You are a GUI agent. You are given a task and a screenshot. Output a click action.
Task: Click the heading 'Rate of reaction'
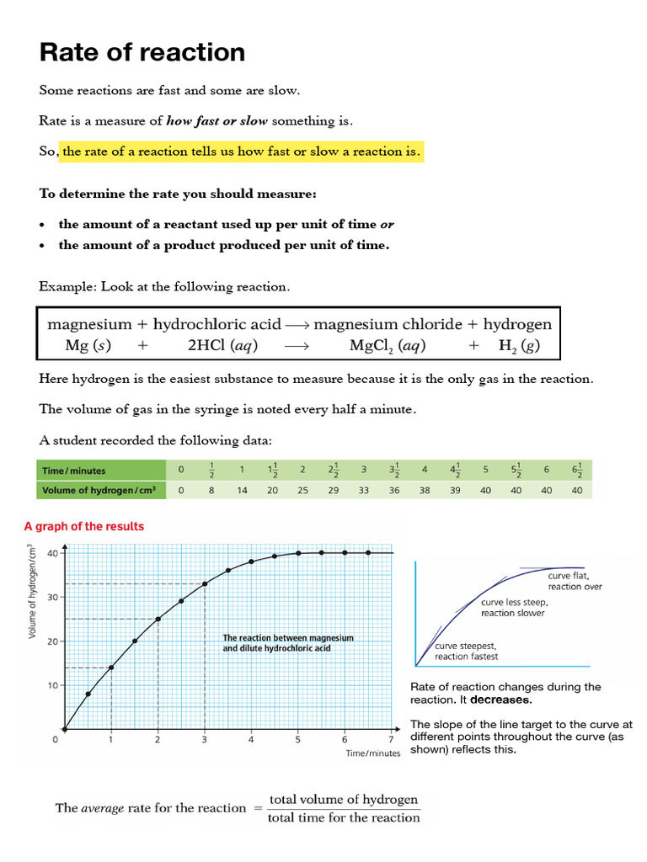[142, 53]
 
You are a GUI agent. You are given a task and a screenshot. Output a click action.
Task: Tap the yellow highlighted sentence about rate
[240, 152]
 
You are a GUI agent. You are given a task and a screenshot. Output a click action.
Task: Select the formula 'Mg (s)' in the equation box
[88, 345]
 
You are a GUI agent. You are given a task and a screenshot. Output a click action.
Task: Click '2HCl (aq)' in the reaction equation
[222, 345]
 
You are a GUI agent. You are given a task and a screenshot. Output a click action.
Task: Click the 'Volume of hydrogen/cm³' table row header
[100, 490]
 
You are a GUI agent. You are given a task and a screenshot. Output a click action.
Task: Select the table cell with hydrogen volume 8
[211, 490]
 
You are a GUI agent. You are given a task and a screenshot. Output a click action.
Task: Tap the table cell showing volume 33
[363, 490]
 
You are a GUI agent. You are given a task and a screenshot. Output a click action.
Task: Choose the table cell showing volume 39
[454, 490]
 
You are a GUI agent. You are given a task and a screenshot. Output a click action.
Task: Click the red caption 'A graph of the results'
[84, 526]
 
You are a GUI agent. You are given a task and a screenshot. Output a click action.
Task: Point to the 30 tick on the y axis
[53, 597]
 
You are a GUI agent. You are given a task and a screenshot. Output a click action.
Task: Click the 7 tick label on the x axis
[391, 740]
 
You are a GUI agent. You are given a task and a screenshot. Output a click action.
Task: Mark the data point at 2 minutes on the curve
[158, 619]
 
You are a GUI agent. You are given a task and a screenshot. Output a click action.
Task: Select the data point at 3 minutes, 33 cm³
[205, 583]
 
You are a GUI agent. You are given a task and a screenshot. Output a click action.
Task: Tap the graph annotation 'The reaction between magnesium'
[287, 638]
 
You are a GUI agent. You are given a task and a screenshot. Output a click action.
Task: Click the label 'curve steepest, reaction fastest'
[466, 651]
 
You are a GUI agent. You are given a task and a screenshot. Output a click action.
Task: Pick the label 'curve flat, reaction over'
[575, 581]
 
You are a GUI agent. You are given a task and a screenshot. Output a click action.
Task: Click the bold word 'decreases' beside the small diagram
[500, 700]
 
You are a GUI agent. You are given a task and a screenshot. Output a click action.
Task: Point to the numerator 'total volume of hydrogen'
[344, 799]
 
